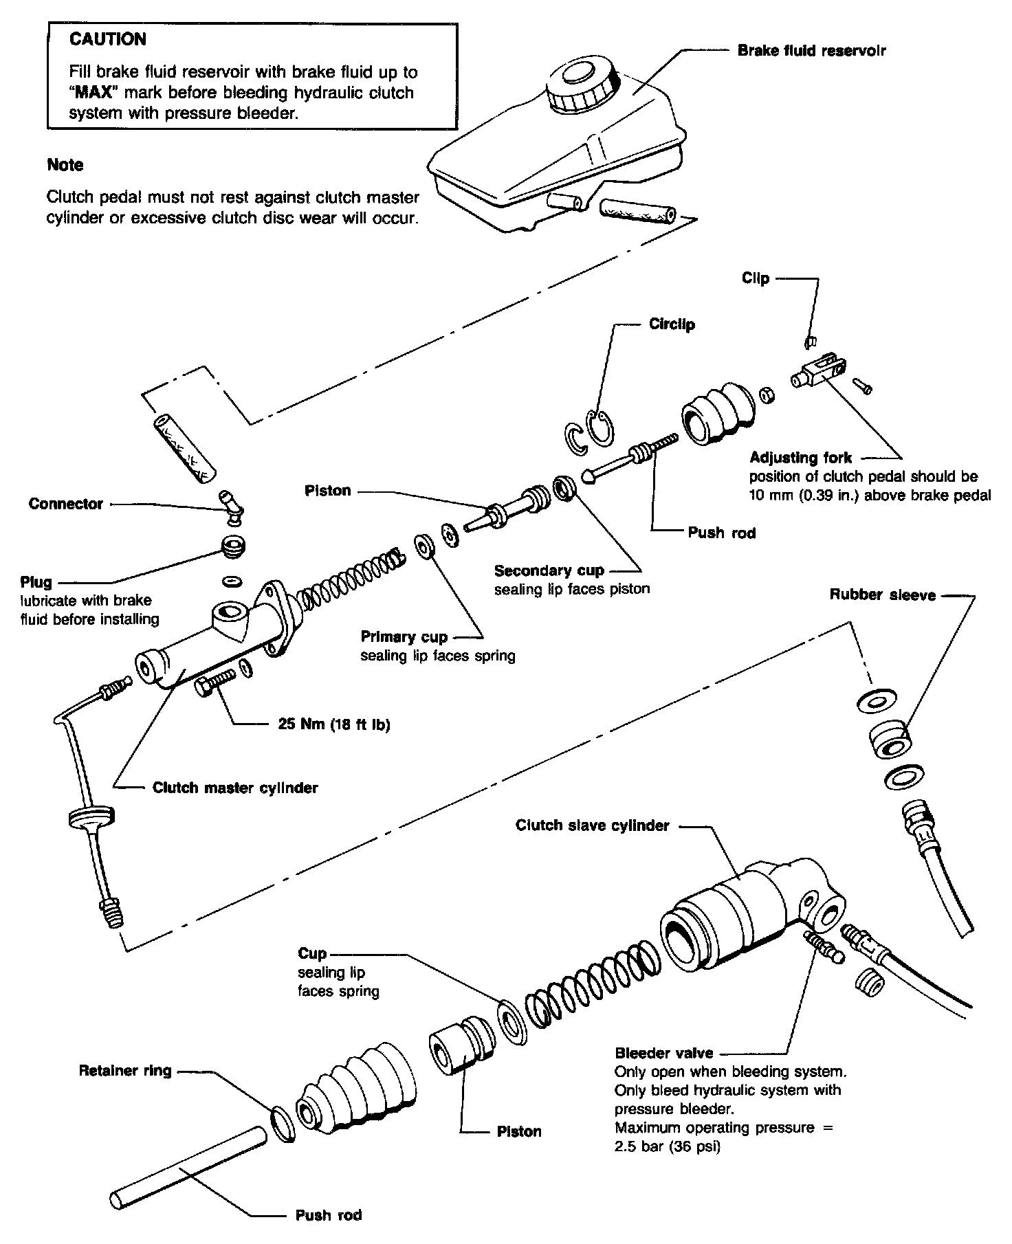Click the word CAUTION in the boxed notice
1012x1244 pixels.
(x=108, y=39)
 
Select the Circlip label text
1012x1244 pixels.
(x=672, y=324)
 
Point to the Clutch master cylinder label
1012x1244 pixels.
(x=235, y=788)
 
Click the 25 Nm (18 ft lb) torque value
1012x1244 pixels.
(x=334, y=724)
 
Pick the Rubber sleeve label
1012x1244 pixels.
(x=882, y=595)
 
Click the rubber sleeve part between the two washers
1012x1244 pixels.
(x=888, y=741)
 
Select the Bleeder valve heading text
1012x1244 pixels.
(x=663, y=1053)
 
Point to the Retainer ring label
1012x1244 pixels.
(x=125, y=1070)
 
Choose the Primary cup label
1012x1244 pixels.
(x=404, y=637)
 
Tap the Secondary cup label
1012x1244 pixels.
(x=549, y=570)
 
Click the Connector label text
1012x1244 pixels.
(x=65, y=504)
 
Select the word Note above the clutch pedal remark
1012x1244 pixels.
(x=65, y=165)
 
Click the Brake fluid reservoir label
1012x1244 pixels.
(x=811, y=51)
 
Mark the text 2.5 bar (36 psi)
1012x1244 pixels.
(x=667, y=1147)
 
